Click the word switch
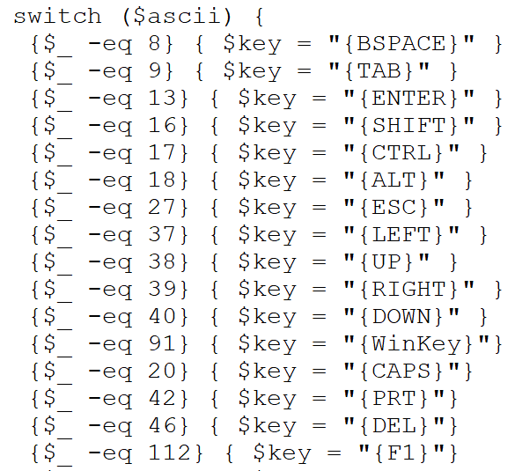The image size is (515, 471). pyautogui.click(x=57, y=16)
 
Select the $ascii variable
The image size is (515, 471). pyautogui.click(x=177, y=16)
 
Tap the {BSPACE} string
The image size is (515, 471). pyautogui.click(x=401, y=43)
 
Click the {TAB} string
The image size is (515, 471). pyautogui.click(x=379, y=70)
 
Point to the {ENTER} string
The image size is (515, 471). pyautogui.click(x=408, y=98)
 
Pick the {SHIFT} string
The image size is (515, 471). pyautogui.click(x=408, y=125)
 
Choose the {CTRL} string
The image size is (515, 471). pyautogui.click(x=401, y=152)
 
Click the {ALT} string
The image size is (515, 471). pyautogui.click(x=394, y=180)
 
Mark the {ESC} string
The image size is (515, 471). pyautogui.click(x=394, y=207)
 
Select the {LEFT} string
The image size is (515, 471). pyautogui.click(x=401, y=234)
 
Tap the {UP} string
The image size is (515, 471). pyautogui.click(x=386, y=261)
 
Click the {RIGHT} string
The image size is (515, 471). pyautogui.click(x=408, y=289)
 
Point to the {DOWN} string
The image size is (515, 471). pyautogui.click(x=401, y=316)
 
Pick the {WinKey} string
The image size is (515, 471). pyautogui.click(x=416, y=343)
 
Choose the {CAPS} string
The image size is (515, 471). pyautogui.click(x=401, y=371)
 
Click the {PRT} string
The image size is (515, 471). pyautogui.click(x=394, y=398)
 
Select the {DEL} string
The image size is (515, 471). pyautogui.click(x=394, y=425)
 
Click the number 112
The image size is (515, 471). pyautogui.click(x=170, y=453)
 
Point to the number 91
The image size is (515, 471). pyautogui.click(x=162, y=343)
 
